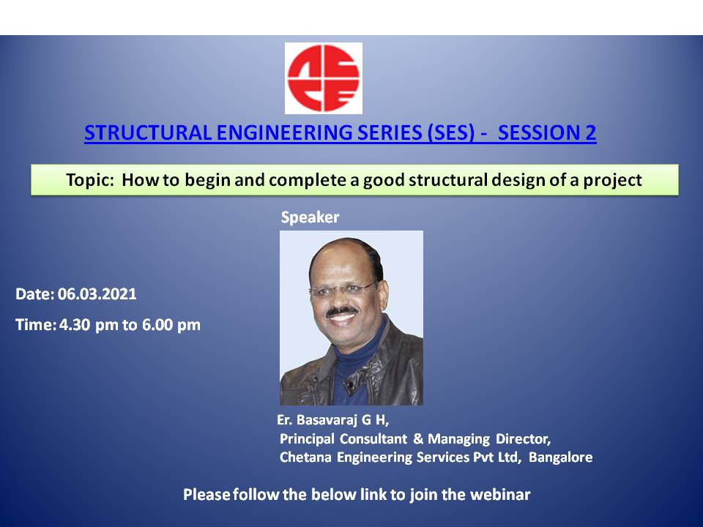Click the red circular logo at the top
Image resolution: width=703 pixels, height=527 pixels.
coord(323,78)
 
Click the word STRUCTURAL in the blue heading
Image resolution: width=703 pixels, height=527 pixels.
coord(148,132)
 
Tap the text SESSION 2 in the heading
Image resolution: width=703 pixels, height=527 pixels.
coord(547,132)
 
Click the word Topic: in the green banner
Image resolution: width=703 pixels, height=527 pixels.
coord(90,180)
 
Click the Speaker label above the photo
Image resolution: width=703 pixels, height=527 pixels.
coord(310,217)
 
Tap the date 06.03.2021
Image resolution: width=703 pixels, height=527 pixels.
coord(97,294)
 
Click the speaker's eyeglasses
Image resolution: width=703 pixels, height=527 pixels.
coord(343,290)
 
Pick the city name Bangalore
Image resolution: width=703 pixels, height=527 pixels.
coord(560,457)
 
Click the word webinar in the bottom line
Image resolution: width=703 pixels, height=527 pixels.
coord(500,494)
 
